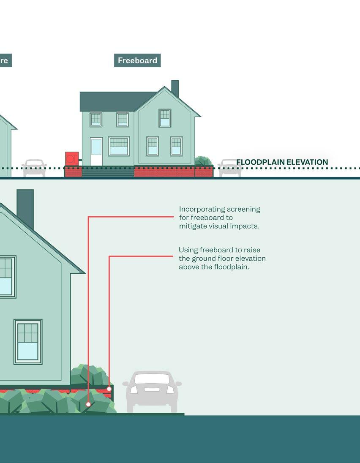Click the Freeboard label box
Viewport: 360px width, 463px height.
(x=137, y=60)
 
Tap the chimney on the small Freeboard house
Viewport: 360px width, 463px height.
(x=175, y=88)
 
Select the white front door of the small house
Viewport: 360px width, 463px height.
(x=96, y=151)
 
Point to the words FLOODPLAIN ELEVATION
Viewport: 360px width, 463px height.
(x=282, y=162)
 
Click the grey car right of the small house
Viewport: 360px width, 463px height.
(x=229, y=168)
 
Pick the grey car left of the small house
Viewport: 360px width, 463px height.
(x=34, y=168)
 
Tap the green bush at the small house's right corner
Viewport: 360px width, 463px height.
(x=203, y=161)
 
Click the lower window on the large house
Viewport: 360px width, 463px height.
(x=28, y=341)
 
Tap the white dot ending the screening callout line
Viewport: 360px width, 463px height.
(x=88, y=404)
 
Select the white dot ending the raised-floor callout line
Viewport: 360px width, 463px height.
(x=109, y=389)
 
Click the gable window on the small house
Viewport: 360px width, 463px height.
(x=165, y=118)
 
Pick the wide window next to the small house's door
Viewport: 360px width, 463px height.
(x=119, y=146)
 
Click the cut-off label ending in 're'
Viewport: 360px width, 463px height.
(x=5, y=60)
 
